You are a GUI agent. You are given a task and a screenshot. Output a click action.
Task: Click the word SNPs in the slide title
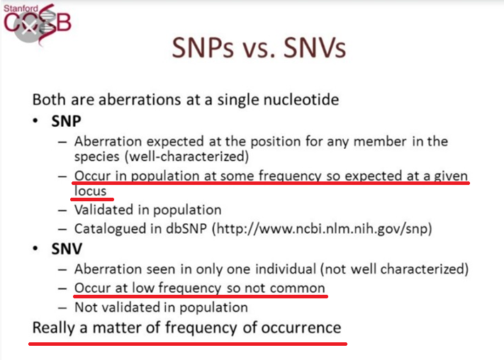[206, 49]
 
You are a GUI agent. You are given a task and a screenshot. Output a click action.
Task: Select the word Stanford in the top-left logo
[21, 8]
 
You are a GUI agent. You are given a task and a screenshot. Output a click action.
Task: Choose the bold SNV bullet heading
[61, 249]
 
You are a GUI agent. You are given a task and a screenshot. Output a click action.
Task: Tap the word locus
[90, 191]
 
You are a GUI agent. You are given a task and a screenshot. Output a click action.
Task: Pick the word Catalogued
[108, 229]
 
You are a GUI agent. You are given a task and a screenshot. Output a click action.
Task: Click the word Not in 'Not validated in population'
[86, 308]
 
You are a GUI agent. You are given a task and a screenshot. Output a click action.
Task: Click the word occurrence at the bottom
[302, 327]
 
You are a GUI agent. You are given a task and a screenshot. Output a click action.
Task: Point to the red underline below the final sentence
[188, 344]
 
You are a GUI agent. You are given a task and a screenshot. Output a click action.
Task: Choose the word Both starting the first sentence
[48, 99]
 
